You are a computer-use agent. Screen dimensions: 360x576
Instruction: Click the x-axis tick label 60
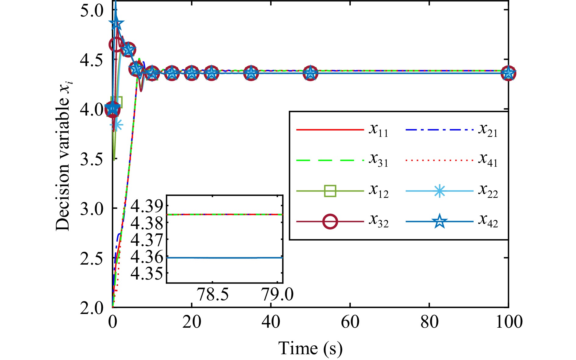click(x=350, y=322)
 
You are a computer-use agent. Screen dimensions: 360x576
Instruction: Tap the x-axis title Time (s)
click(x=310, y=348)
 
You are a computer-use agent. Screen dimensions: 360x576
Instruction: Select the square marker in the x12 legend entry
click(x=330, y=191)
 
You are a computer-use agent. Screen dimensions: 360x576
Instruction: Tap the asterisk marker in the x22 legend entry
click(x=439, y=191)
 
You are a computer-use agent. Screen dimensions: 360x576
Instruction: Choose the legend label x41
click(x=488, y=160)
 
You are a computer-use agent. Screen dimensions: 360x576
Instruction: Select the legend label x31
click(x=379, y=160)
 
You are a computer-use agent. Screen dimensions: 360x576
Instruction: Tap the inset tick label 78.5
click(x=213, y=295)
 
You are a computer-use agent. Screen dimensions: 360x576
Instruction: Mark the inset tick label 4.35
click(x=147, y=274)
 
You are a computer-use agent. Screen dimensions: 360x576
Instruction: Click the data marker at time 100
click(x=508, y=73)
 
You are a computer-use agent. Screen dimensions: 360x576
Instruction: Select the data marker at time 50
click(x=310, y=73)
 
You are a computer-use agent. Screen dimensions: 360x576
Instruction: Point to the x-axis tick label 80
click(x=429, y=322)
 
